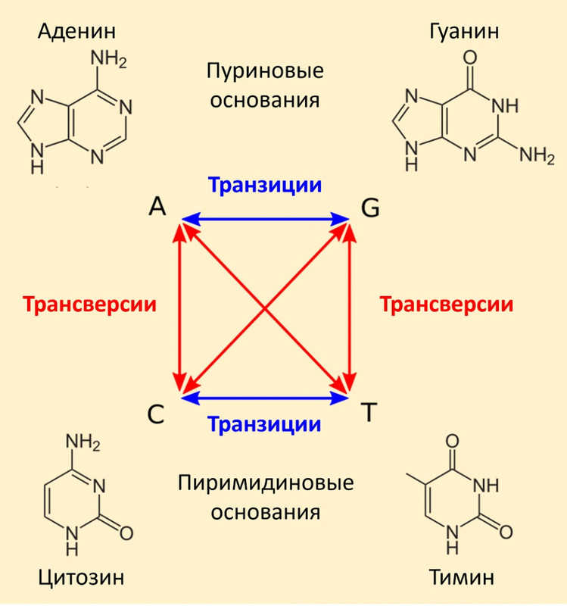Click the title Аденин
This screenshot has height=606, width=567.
pyautogui.click(x=76, y=32)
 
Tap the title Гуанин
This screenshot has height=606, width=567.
pyautogui.click(x=464, y=31)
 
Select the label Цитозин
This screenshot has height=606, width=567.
pyautogui.click(x=81, y=578)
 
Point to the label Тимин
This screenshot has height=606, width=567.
pyautogui.click(x=462, y=577)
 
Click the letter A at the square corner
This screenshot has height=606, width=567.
pyautogui.click(x=157, y=206)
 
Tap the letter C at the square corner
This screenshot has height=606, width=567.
pyautogui.click(x=156, y=414)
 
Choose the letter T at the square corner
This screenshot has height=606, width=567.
pyautogui.click(x=369, y=412)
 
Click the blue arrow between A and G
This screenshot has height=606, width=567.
pyautogui.click(x=265, y=219)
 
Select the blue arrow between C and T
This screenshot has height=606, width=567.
pyautogui.click(x=265, y=398)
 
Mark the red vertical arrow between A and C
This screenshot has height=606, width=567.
pyautogui.click(x=179, y=308)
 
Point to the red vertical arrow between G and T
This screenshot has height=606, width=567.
pyautogui.click(x=350, y=308)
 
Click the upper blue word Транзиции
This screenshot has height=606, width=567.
pyautogui.click(x=264, y=186)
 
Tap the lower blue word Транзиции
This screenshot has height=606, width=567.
pyautogui.click(x=264, y=424)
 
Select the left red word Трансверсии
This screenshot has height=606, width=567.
pyautogui.click(x=89, y=305)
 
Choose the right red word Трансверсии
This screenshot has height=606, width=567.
pyautogui.click(x=447, y=305)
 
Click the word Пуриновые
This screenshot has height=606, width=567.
pyautogui.click(x=265, y=71)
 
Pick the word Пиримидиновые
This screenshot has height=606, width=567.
pyautogui.click(x=266, y=483)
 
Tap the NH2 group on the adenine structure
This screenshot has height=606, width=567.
pyautogui.click(x=108, y=59)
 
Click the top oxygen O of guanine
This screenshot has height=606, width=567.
pyautogui.click(x=469, y=58)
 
